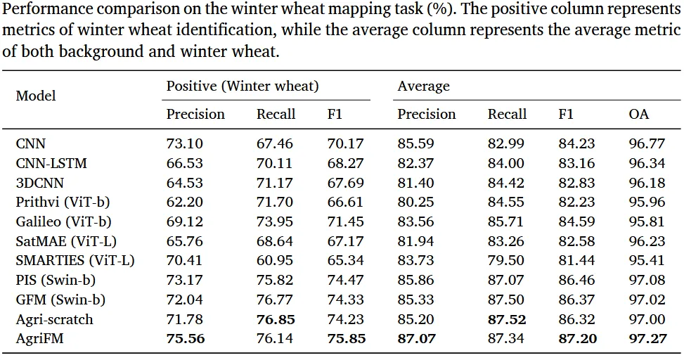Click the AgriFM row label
click(39, 339)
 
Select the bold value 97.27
click(647, 339)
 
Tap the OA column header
click(638, 114)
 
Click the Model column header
click(36, 96)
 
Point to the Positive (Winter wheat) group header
click(243, 86)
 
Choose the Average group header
click(423, 86)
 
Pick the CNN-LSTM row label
click(51, 163)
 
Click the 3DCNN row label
click(39, 182)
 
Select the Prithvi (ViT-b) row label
click(63, 202)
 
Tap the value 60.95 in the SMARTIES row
click(274, 261)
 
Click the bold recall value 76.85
click(276, 319)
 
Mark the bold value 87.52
click(506, 319)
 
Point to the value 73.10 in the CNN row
click(184, 143)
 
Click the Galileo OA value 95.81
click(647, 221)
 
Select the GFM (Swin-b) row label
click(60, 300)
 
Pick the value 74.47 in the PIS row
click(345, 280)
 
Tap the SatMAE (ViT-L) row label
click(66, 241)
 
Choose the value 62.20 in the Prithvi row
click(184, 202)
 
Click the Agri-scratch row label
click(55, 319)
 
